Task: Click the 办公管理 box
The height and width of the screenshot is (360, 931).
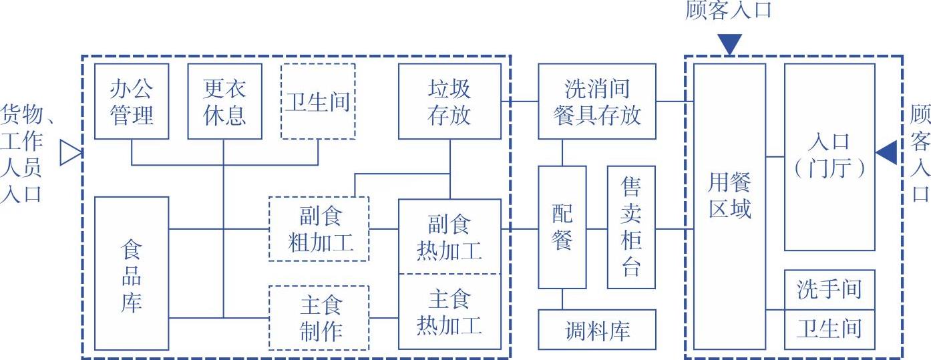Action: [x=131, y=102]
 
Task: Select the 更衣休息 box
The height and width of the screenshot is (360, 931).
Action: [x=224, y=102]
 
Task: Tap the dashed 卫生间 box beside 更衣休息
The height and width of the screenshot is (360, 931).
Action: [x=318, y=102]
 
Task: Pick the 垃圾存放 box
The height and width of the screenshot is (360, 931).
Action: [x=449, y=102]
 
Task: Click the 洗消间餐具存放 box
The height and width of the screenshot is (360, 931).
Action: [x=596, y=102]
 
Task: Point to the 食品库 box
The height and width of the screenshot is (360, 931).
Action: [x=131, y=273]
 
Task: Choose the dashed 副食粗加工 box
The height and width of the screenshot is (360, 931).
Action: [x=319, y=229]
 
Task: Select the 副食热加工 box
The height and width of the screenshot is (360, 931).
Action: [x=449, y=236]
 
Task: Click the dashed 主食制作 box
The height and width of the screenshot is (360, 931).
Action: [x=319, y=317]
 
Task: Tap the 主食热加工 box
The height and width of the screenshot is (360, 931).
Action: [x=449, y=311]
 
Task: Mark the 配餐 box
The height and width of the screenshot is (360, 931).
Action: [x=562, y=227]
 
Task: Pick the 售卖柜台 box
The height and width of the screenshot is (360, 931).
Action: [x=631, y=227]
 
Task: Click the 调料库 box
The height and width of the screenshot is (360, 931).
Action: [x=596, y=329]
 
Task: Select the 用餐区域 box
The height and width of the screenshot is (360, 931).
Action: [x=729, y=206]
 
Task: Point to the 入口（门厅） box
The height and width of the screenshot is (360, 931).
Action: [x=829, y=157]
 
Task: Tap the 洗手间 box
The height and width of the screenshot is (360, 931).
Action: [x=829, y=290]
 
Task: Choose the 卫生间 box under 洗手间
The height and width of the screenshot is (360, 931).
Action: [x=829, y=329]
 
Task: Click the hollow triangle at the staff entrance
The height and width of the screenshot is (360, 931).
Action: [x=69, y=153]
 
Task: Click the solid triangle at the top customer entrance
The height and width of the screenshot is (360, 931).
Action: [x=730, y=44]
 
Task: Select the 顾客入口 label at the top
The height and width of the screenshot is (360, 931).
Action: [x=729, y=10]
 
